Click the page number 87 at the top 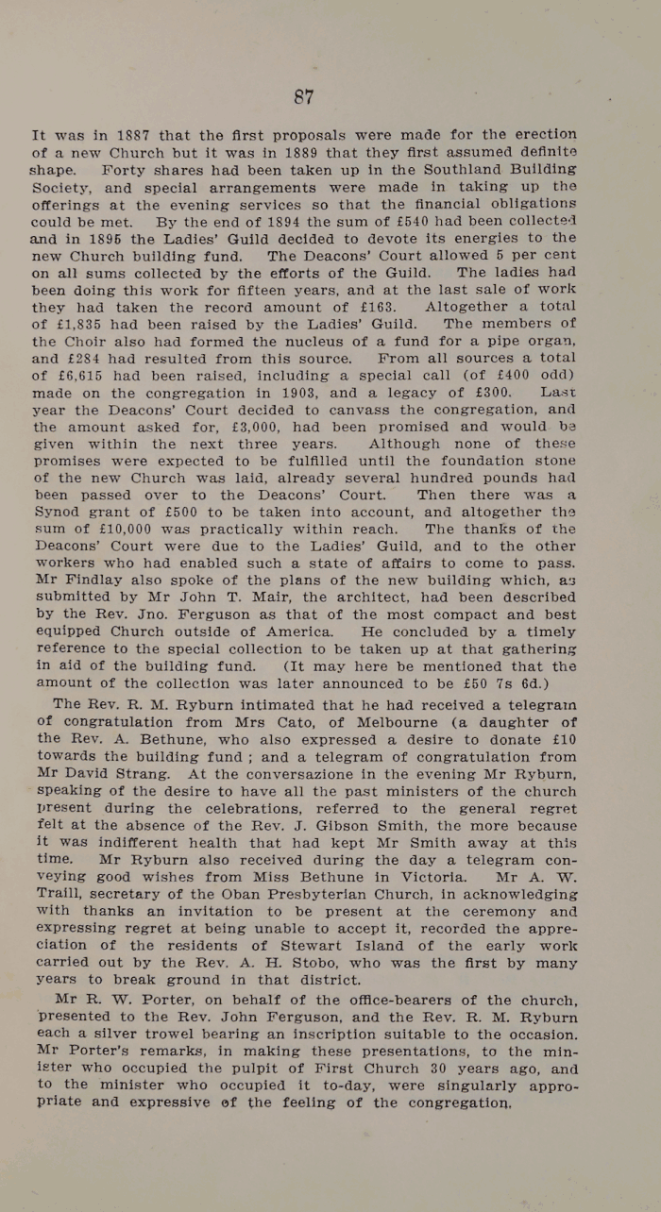[303, 96]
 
